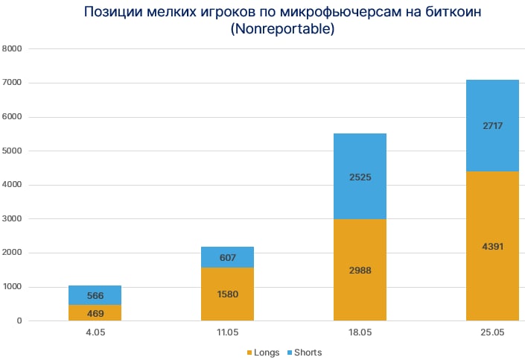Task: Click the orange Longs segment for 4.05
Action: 95,313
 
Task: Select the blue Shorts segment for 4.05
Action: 95,295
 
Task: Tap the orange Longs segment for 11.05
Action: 227,294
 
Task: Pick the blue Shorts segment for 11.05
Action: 227,257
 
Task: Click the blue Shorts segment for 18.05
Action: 360,177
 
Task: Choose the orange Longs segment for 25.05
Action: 492,246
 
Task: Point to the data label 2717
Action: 492,126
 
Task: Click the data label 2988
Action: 360,271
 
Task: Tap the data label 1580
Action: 227,294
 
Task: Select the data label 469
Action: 95,313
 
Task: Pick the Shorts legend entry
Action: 303,352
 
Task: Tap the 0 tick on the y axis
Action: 20,321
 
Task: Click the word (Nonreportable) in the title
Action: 282,30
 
